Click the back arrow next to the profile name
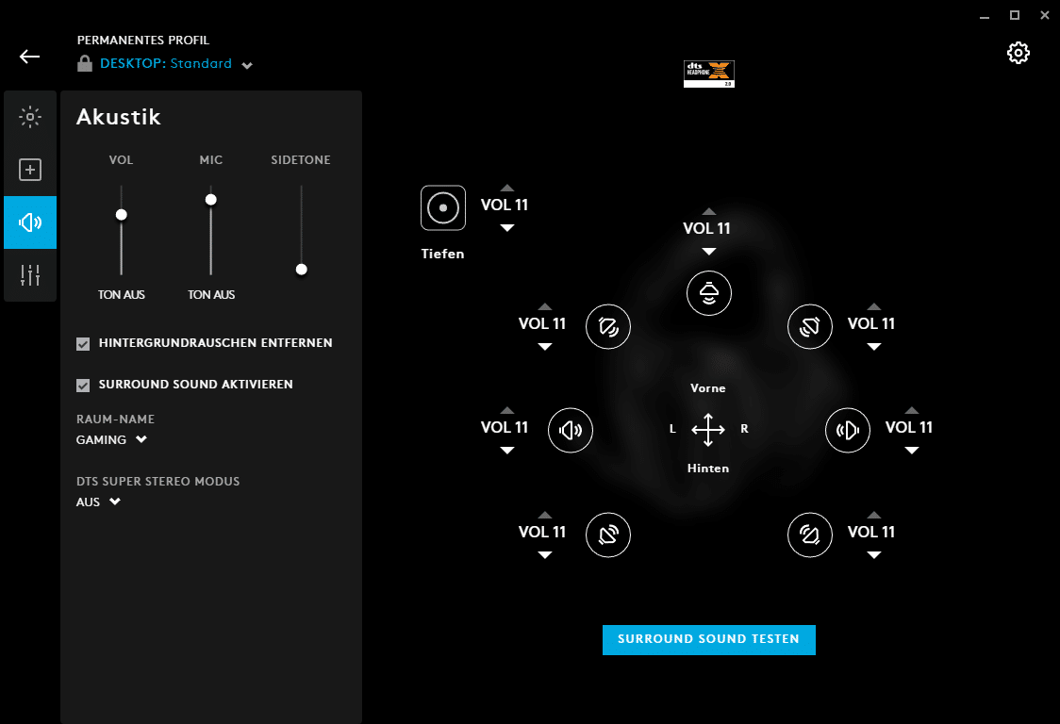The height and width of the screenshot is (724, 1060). [x=30, y=57]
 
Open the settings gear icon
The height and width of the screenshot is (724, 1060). [x=1019, y=53]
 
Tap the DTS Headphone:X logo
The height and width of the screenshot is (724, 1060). [x=708, y=74]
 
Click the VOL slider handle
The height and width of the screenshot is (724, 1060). [x=121, y=214]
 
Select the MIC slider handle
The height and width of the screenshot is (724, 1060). [x=211, y=200]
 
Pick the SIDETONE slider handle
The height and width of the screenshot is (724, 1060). [x=302, y=269]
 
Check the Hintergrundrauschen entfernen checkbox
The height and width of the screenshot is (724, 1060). [x=83, y=344]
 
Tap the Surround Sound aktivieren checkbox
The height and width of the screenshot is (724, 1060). [x=83, y=386]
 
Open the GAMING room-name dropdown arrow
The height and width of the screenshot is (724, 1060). [x=141, y=439]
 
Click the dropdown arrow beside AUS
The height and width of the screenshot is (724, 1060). [x=115, y=502]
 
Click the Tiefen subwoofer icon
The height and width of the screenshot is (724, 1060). [x=443, y=208]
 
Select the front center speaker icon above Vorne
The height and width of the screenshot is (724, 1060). [x=708, y=293]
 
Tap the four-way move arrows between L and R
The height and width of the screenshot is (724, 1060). [x=708, y=429]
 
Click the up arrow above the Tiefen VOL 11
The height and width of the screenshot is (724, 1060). [x=507, y=188]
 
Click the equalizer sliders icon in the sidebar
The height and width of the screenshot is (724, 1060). [x=30, y=275]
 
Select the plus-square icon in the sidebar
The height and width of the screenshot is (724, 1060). [x=30, y=170]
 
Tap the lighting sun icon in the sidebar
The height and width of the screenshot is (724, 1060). [x=30, y=117]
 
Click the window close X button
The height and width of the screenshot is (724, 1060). [x=1045, y=15]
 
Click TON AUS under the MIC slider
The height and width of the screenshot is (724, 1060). [x=211, y=295]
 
